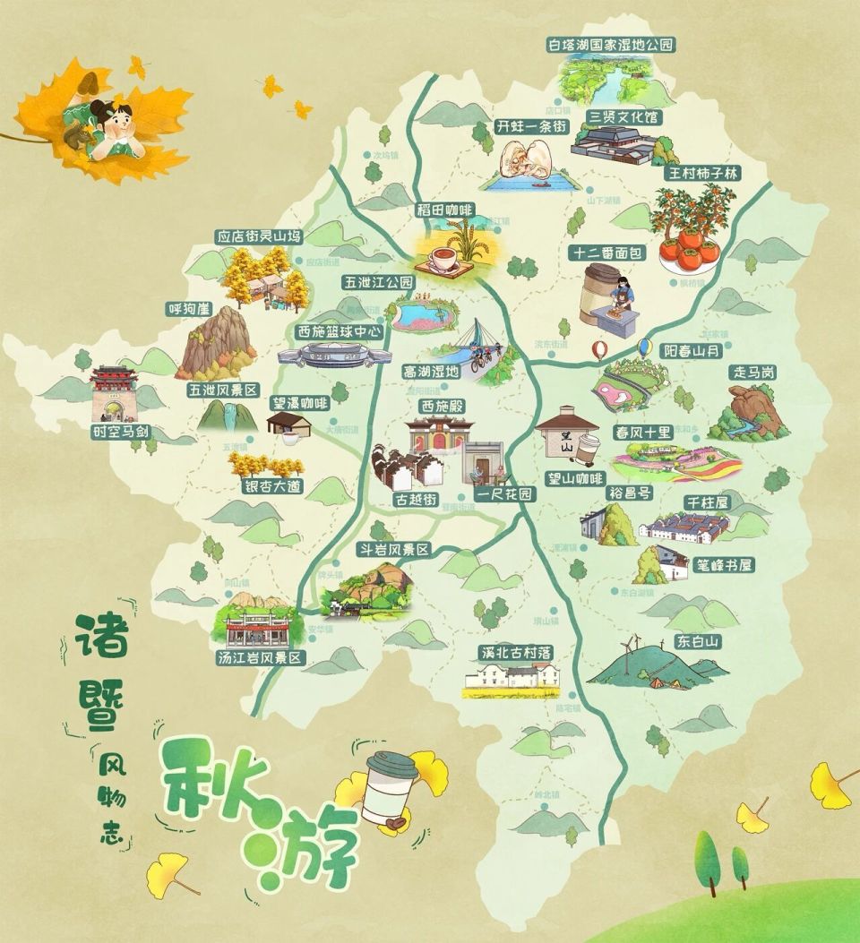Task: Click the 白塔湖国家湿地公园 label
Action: [611, 44]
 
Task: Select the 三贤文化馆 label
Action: [623, 116]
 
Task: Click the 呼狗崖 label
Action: [188, 309]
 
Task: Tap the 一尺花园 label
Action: [503, 494]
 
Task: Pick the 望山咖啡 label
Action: [575, 478]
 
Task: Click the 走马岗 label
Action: [754, 372]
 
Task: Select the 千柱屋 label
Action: [708, 502]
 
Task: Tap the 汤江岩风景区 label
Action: [262, 658]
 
